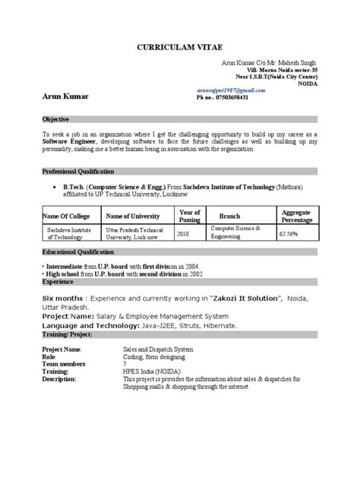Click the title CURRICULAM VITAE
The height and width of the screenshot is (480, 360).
(178, 43)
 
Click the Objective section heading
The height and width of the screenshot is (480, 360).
(57, 120)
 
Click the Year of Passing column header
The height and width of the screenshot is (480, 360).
(189, 215)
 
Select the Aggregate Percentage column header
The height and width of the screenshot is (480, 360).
(295, 215)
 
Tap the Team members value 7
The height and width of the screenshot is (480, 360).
(124, 365)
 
